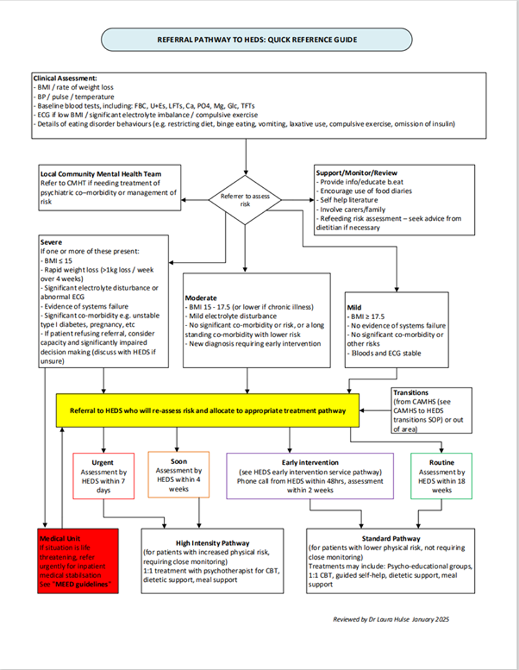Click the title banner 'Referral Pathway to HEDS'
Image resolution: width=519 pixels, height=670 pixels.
click(x=256, y=40)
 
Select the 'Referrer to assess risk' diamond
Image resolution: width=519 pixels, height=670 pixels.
click(x=245, y=199)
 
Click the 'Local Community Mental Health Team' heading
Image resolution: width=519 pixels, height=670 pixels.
click(x=102, y=173)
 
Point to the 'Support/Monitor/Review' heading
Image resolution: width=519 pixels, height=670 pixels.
click(x=356, y=173)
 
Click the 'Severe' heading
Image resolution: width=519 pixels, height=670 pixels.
click(x=51, y=242)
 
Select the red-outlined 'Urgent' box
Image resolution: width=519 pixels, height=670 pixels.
click(x=104, y=475)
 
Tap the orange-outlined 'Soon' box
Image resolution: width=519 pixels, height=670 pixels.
click(x=178, y=474)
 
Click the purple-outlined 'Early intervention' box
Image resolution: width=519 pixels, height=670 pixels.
click(x=310, y=475)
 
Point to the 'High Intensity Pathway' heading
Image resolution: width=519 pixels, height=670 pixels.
click(x=212, y=543)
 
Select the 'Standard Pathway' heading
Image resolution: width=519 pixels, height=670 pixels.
click(x=391, y=538)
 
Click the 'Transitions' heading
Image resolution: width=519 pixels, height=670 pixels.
click(x=410, y=392)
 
